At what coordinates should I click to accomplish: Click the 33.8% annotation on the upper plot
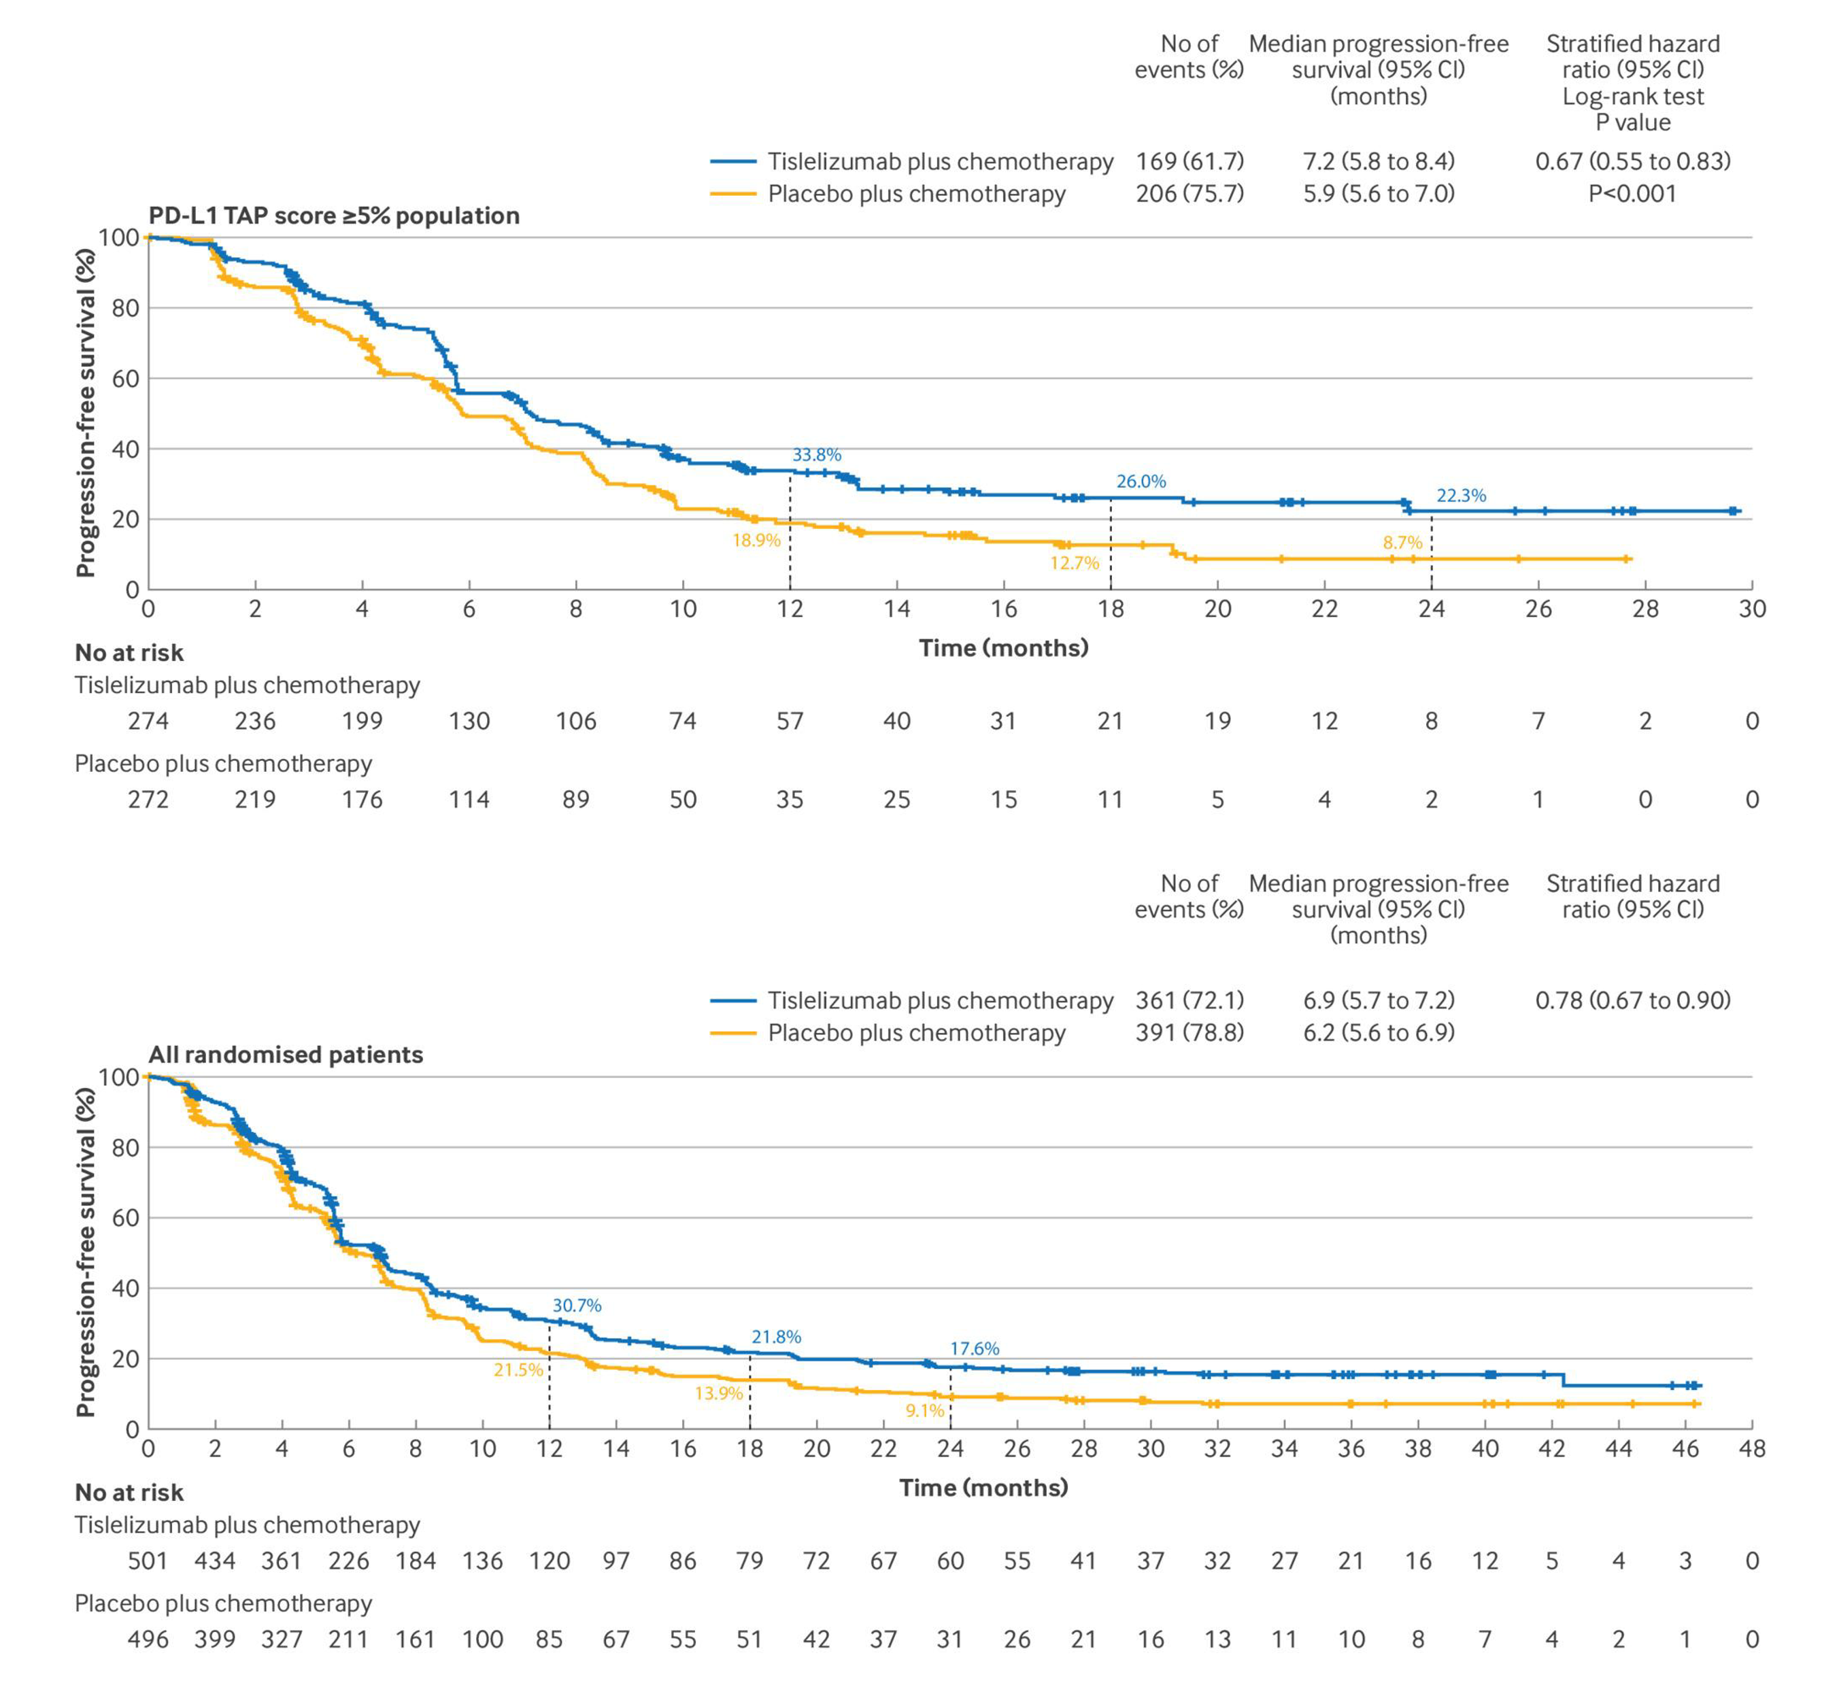tap(816, 454)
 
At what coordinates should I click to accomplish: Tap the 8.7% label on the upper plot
tap(1402, 542)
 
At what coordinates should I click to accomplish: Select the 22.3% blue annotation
tap(1462, 495)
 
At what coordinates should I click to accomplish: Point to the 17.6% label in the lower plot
tap(974, 1348)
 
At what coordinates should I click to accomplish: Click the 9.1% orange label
tap(924, 1410)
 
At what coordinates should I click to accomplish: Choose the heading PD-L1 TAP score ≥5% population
tap(334, 216)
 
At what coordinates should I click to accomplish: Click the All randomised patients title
tap(286, 1055)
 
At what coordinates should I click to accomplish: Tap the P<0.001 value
tap(1632, 193)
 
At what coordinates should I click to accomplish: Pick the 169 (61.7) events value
tap(1190, 161)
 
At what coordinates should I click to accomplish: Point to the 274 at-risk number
tap(148, 721)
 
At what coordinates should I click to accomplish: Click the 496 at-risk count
tap(148, 1639)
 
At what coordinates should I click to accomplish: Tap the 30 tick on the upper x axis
tap(1751, 609)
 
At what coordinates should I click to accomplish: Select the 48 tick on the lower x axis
tap(1751, 1448)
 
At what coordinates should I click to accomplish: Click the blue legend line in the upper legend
tap(733, 161)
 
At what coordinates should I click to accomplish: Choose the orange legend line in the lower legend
tap(733, 1033)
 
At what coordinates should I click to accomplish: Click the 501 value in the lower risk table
tap(148, 1561)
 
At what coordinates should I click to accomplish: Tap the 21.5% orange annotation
tap(518, 1370)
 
